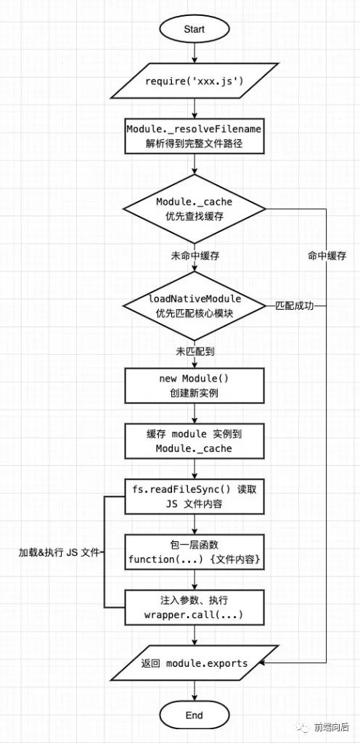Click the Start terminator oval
click(194, 30)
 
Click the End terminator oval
click(194, 715)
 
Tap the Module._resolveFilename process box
click(194, 136)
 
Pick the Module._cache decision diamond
click(194, 209)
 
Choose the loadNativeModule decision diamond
click(194, 305)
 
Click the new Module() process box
click(194, 386)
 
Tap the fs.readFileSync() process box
click(194, 497)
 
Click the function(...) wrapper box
click(194, 552)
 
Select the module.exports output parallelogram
click(194, 663)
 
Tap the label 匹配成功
click(295, 305)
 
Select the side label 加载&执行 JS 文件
click(58, 552)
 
